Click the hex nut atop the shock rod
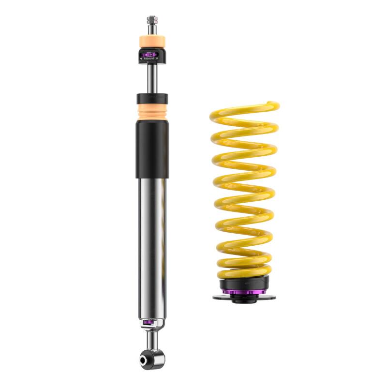click(152, 20)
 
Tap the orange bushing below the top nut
click(152, 41)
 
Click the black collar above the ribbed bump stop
click(152, 97)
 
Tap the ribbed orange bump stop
click(152, 112)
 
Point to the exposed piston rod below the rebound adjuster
click(152, 77)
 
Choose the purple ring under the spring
click(244, 292)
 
